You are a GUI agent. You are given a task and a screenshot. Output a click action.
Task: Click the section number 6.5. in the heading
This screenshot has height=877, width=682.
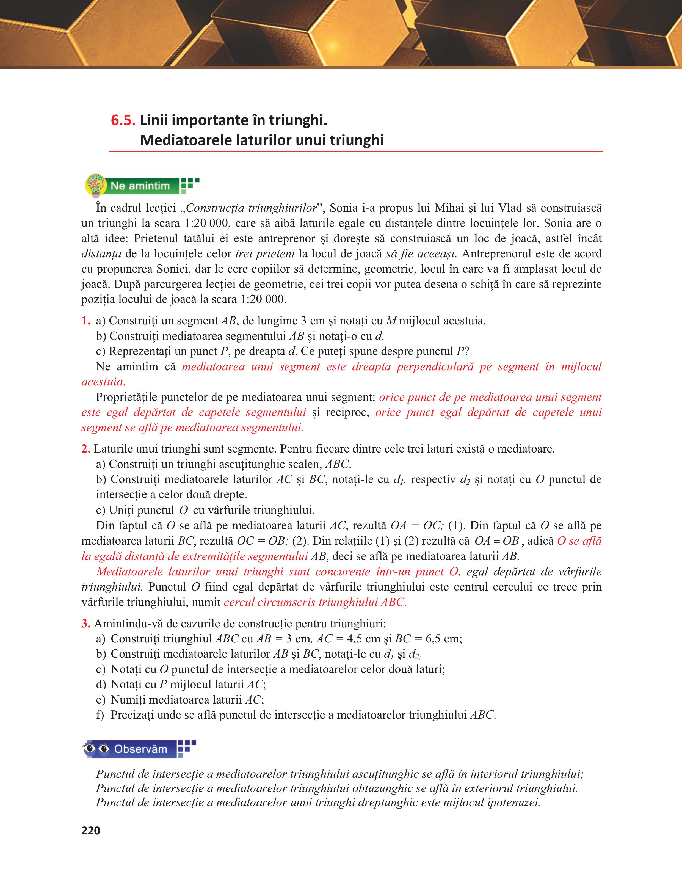123,120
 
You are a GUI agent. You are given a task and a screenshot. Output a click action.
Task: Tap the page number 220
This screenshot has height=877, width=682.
91,831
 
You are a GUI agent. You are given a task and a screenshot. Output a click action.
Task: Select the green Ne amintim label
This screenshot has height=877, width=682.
140,186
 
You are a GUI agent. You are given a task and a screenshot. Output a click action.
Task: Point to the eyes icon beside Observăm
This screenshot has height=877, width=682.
97,749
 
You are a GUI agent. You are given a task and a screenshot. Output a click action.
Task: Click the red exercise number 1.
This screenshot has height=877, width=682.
85,321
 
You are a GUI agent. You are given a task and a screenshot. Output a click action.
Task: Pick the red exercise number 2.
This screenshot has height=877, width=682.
85,449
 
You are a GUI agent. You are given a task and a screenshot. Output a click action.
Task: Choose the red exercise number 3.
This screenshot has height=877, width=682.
85,623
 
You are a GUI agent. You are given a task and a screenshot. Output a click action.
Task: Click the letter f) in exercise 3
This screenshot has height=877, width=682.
100,715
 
